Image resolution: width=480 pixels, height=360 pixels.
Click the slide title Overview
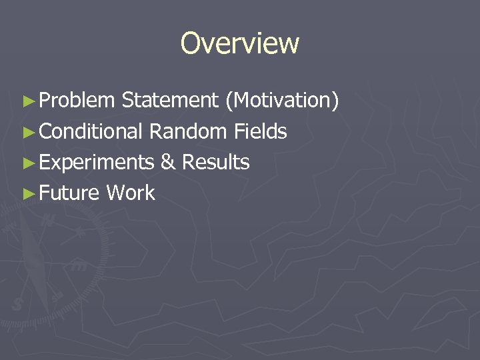pyautogui.click(x=240, y=44)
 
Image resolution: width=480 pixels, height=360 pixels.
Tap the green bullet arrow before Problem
pyautogui.click(x=27, y=101)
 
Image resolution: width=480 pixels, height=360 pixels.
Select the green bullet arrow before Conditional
pyautogui.click(x=27, y=132)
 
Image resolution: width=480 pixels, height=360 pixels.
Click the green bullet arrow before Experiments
pyautogui.click(x=27, y=163)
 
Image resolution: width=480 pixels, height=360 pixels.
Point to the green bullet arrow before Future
pyautogui.click(x=27, y=194)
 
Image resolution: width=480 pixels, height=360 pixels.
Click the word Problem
pyautogui.click(x=77, y=101)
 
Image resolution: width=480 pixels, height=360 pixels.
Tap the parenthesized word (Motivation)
pyautogui.click(x=282, y=101)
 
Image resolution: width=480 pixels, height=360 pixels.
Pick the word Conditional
pyautogui.click(x=91, y=132)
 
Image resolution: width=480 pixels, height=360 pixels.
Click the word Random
pyautogui.click(x=188, y=132)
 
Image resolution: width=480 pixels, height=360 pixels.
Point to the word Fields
pyautogui.click(x=260, y=132)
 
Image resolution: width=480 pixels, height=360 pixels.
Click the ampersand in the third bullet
pyautogui.click(x=167, y=163)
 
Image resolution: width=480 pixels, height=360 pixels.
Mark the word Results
pyautogui.click(x=215, y=163)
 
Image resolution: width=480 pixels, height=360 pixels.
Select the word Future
pyautogui.click(x=69, y=194)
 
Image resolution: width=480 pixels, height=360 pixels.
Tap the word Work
pyautogui.click(x=130, y=194)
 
